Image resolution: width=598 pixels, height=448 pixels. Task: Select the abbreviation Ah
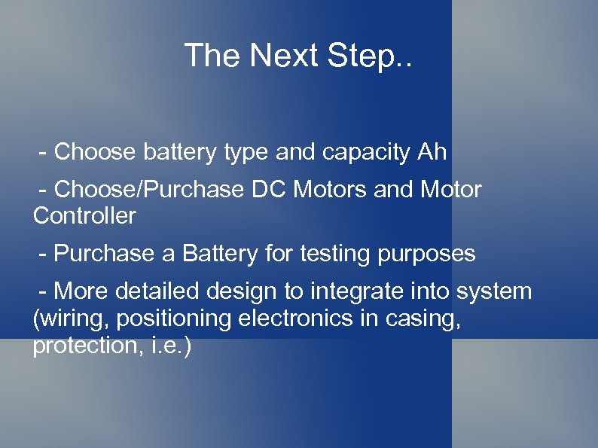(x=431, y=152)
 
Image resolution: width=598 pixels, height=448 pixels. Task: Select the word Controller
(x=84, y=216)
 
